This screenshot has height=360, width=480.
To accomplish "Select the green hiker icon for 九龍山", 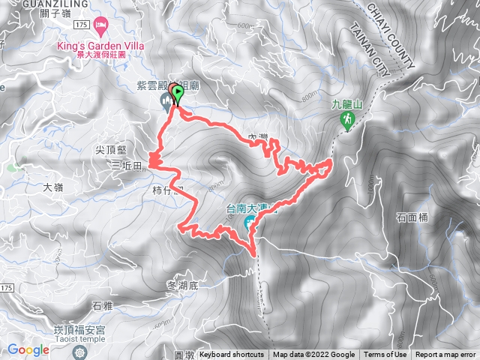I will coord(347,120).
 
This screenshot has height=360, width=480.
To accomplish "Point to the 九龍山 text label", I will coord(347,105).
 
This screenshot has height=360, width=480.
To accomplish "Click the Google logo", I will coord(28,349).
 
